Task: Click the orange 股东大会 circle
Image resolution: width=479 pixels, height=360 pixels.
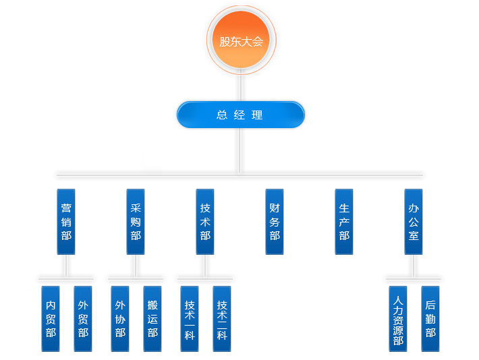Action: (240, 40)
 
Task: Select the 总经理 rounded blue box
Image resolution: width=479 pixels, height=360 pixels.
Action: (240, 115)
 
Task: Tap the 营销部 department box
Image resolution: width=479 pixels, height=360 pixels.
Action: (65, 221)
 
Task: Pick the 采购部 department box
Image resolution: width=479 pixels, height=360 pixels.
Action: (136, 221)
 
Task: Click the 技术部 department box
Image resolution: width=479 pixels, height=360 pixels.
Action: (205, 221)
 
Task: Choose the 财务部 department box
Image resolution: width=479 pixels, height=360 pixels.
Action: (275, 221)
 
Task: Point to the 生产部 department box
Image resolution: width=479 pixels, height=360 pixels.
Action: (344, 221)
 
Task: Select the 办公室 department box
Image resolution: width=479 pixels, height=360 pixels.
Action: (414, 221)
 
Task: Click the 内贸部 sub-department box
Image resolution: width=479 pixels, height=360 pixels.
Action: (51, 318)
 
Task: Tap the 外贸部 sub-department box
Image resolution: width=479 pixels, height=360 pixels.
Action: (83, 318)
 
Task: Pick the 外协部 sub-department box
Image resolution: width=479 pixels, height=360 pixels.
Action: (120, 318)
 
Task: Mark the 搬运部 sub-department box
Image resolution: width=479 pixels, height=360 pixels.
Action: (152, 318)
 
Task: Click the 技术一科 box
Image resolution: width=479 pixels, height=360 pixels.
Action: (190, 318)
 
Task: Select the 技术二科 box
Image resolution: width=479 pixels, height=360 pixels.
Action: (222, 318)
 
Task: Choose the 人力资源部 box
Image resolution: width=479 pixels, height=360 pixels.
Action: (398, 318)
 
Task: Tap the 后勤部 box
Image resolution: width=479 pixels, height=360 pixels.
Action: (430, 318)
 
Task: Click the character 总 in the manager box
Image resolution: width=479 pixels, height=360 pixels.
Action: (221, 115)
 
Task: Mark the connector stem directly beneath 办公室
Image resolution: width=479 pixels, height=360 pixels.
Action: (414, 265)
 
